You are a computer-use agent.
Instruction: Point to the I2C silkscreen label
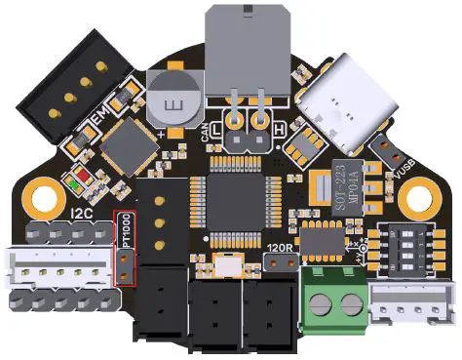click(x=84, y=213)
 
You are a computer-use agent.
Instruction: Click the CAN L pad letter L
click(x=216, y=127)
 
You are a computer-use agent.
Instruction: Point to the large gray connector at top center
click(x=249, y=49)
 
